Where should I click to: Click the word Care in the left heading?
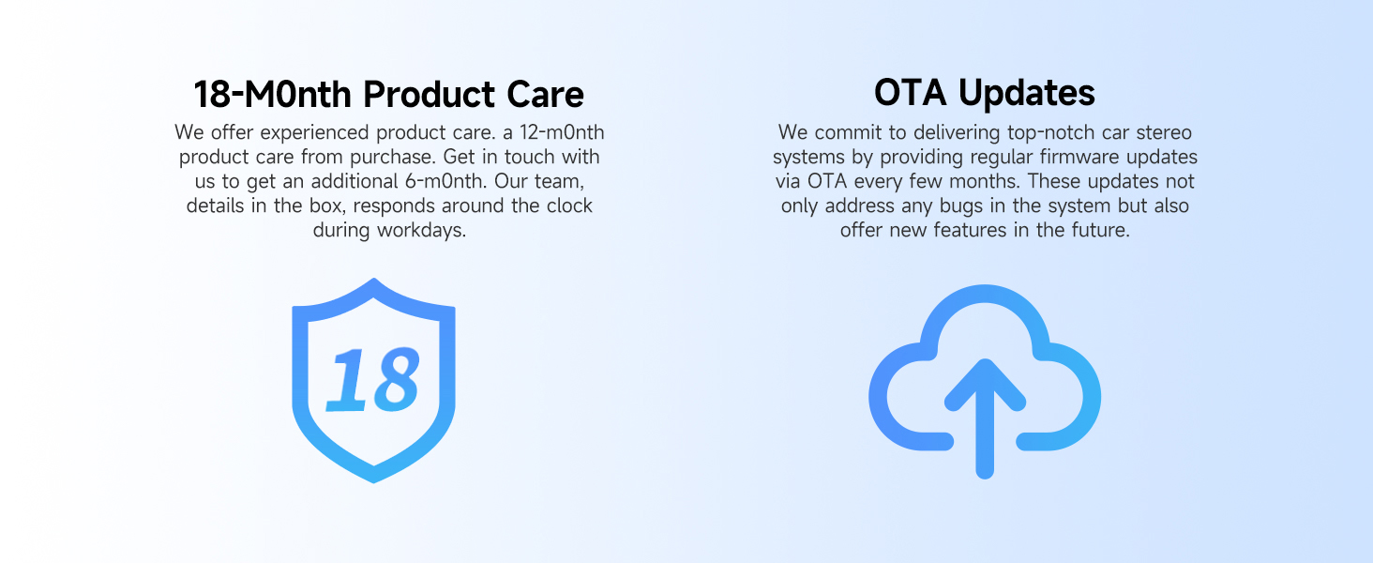click(545, 95)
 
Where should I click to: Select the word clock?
click(569, 205)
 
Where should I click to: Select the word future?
click(1100, 230)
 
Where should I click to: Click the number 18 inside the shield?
click(373, 379)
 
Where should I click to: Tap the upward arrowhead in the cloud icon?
click(985, 383)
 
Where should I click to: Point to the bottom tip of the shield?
click(374, 481)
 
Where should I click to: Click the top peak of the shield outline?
click(374, 281)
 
